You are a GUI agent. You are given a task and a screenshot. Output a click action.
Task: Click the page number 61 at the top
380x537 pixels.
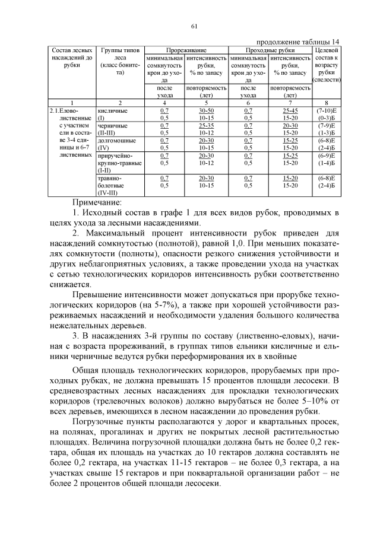point(194,25)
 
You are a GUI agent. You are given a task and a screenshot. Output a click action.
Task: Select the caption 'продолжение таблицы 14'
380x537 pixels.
point(298,42)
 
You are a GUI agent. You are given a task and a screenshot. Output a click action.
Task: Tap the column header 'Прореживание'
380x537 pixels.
point(186,52)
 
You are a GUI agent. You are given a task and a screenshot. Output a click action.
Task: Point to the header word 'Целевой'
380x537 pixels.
point(326,52)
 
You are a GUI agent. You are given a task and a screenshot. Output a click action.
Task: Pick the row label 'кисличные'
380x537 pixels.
point(112,110)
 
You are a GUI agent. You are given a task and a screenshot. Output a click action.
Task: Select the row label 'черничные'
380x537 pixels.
point(112,126)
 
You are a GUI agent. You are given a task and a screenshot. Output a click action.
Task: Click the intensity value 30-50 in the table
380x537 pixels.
point(207,110)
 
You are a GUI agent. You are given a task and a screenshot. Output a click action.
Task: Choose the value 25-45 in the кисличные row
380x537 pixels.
point(290,110)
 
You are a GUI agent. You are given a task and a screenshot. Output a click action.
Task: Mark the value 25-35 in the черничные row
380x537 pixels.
point(207,126)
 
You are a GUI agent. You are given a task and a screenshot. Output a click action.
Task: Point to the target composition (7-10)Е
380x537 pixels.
point(326,110)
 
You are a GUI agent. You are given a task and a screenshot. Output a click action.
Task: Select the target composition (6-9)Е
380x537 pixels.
point(326,155)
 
